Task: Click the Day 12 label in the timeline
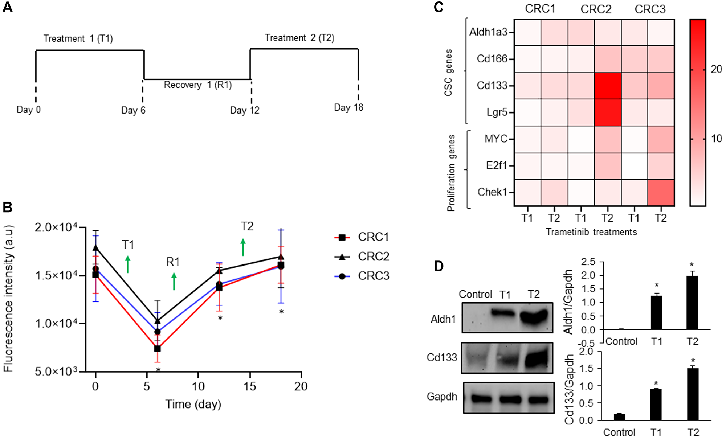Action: tap(245, 110)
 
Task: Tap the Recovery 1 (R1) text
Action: tap(198, 85)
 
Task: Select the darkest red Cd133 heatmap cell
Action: tap(608, 86)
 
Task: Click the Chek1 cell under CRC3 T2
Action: tap(661, 193)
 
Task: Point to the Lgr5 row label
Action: tap(497, 112)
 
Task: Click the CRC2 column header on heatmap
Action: tap(596, 9)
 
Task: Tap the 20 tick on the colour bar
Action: tap(716, 69)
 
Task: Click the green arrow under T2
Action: tap(243, 247)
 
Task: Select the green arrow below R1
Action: tap(174, 282)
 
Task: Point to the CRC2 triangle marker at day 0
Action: tap(95, 248)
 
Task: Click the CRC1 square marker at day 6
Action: tap(158, 349)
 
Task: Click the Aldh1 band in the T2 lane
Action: tap(534, 317)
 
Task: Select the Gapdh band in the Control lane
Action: tap(481, 399)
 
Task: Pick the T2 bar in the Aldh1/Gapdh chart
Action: tap(692, 303)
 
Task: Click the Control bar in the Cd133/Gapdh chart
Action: tap(619, 417)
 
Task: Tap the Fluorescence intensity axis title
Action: tap(9, 299)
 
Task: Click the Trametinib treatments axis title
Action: tap(591, 232)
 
